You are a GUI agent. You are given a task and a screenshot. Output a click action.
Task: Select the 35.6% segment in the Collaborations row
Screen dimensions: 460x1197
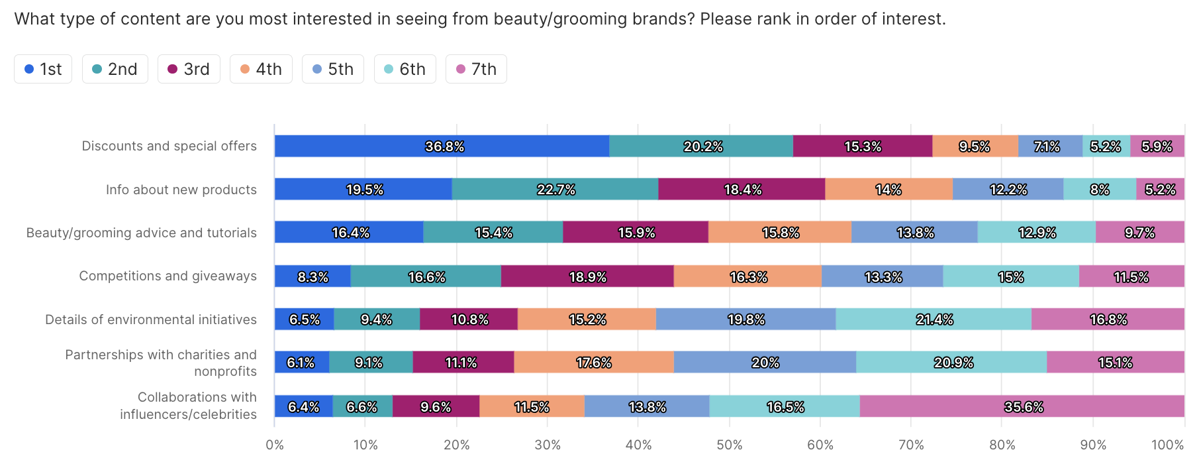point(1022,406)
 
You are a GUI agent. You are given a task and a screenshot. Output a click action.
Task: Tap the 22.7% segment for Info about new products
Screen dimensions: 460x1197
point(555,190)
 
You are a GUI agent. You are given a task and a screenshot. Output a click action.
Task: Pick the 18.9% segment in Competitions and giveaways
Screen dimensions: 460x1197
point(587,276)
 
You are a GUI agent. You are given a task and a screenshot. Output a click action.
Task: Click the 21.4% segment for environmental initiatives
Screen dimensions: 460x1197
point(934,319)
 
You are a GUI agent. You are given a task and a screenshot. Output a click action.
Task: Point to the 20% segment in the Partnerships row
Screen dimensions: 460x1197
point(765,363)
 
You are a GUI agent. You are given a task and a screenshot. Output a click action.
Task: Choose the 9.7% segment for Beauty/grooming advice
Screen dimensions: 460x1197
point(1139,233)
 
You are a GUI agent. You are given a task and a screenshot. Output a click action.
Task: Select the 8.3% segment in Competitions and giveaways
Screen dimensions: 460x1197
point(312,276)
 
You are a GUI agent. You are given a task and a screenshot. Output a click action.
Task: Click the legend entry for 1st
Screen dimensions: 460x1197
point(43,69)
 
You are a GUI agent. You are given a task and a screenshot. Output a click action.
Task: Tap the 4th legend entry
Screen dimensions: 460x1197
point(261,69)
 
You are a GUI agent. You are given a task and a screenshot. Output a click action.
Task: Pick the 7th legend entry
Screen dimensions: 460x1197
point(476,69)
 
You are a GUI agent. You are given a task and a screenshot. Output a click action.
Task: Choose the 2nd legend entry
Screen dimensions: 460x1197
point(115,69)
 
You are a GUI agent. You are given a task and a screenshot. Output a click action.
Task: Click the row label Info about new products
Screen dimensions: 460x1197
point(181,190)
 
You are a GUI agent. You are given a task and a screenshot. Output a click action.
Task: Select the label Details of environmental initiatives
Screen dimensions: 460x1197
point(150,319)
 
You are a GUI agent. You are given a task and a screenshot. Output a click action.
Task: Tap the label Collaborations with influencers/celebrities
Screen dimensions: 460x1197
point(188,406)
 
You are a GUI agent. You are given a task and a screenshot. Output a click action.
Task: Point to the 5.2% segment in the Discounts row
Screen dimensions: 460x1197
point(1106,146)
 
